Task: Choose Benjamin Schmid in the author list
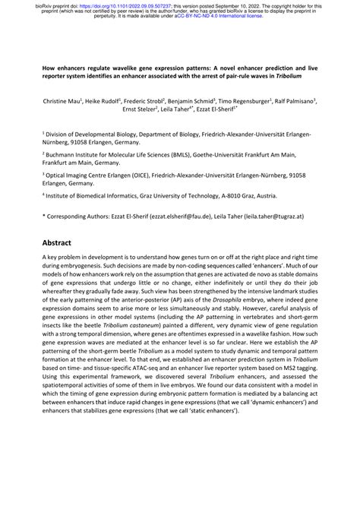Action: (204, 100)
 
